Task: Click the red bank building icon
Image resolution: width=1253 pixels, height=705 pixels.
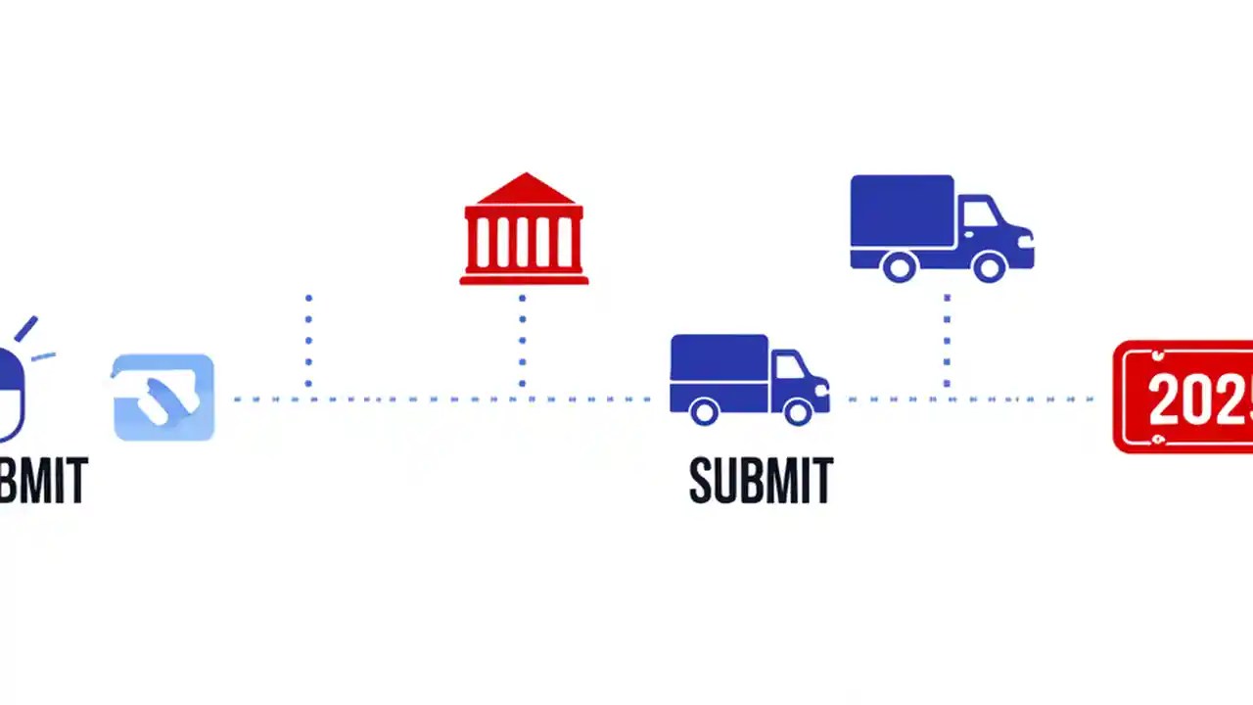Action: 524,230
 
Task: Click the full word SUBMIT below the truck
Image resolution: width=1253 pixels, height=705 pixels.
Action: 761,480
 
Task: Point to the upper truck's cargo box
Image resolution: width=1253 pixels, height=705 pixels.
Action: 902,211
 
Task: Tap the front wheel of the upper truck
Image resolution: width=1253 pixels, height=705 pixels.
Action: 989,265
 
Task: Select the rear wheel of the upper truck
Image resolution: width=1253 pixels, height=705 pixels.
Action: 899,265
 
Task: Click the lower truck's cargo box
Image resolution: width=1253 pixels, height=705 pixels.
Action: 719,359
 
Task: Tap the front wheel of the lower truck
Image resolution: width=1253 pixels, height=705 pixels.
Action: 797,411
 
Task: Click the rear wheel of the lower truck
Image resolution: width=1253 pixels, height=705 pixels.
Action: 704,411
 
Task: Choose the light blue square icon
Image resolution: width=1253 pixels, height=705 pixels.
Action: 163,397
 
